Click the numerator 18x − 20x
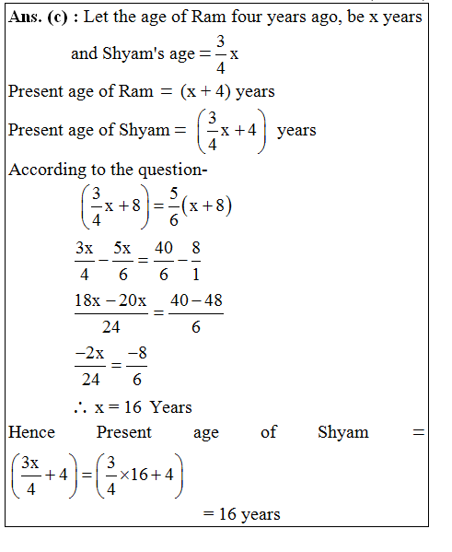(111, 301)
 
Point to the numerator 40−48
(195, 301)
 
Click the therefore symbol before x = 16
(80, 407)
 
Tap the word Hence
(32, 431)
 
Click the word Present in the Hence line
(124, 431)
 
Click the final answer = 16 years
(241, 514)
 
